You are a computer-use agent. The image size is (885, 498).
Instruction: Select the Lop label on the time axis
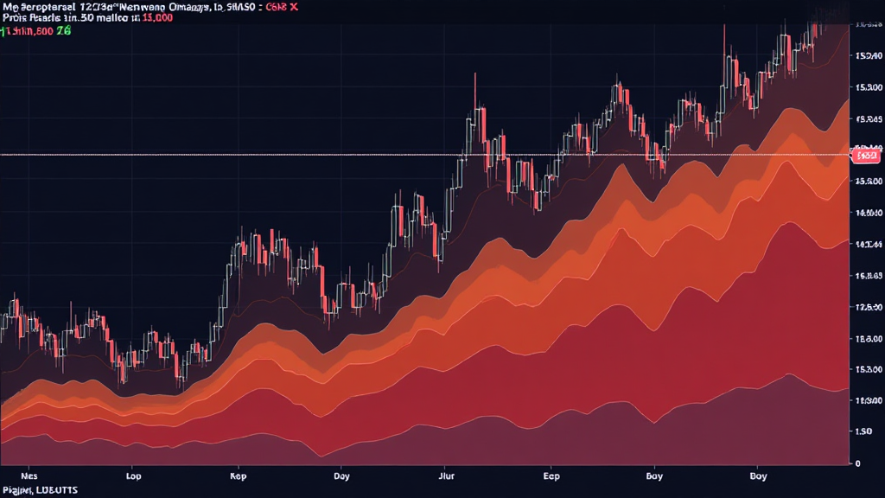coord(134,476)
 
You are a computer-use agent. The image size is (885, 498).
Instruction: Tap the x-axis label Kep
coord(239,476)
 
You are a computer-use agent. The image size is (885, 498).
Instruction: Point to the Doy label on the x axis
coord(342,476)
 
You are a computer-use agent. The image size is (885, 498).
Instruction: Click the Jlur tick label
coord(447,476)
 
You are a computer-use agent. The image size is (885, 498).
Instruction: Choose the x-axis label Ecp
coord(551,476)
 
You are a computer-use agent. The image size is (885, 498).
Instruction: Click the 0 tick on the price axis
coord(856,463)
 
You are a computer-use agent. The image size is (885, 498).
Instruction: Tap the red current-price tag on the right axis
coord(865,156)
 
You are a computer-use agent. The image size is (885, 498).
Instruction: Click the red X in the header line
coord(294,6)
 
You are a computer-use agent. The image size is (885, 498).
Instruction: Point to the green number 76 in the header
coord(64,30)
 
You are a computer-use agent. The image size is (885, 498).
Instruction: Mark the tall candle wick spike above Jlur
coord(475,78)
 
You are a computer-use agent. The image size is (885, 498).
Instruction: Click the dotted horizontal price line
coord(259,155)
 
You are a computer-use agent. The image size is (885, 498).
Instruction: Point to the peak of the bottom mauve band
coord(788,374)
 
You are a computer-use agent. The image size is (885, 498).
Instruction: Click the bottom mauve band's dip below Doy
coord(322,456)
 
